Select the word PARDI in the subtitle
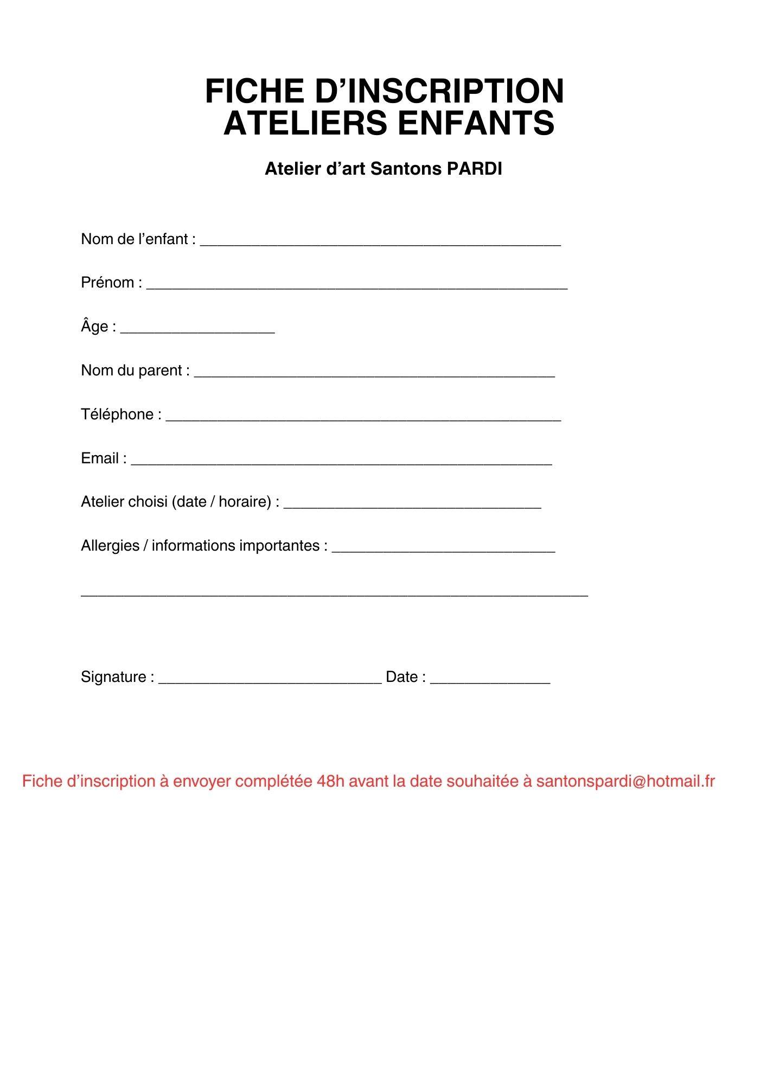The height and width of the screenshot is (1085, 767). pos(475,169)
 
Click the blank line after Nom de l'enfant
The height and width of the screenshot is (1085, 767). pos(380,244)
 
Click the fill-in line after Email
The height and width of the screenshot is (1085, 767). pos(341,463)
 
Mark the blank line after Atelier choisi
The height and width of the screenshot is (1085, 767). pos(412,506)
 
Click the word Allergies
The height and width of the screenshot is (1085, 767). pos(110,546)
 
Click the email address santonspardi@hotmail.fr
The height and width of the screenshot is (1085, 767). pos(625,782)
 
